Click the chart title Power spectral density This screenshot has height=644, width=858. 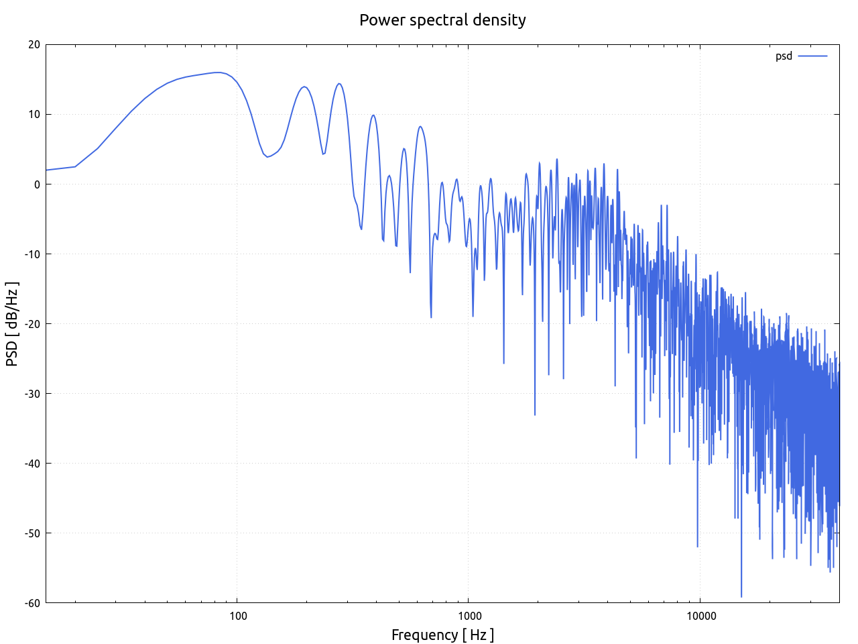tap(442, 20)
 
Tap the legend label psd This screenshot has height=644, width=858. tap(784, 56)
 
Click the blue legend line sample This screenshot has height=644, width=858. tap(812, 56)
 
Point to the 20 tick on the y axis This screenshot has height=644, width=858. tap(34, 45)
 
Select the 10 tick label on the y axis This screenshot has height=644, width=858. tap(34, 115)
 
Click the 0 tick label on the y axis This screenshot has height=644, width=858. tap(37, 184)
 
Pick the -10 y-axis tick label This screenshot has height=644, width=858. tap(32, 254)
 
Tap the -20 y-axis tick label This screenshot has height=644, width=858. tap(32, 324)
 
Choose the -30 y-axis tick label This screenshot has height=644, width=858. tap(32, 394)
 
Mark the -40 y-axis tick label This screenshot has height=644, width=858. tap(32, 464)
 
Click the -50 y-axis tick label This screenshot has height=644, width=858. tap(32, 533)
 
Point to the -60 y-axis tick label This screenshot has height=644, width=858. tap(32, 603)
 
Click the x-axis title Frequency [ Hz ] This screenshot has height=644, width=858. tap(442, 635)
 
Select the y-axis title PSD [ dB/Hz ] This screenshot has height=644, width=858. tap(12, 324)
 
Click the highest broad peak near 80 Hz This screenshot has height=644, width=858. tap(217, 72)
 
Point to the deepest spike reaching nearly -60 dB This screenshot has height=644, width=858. tap(741, 596)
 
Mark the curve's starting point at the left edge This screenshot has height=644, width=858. tap(46, 170)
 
